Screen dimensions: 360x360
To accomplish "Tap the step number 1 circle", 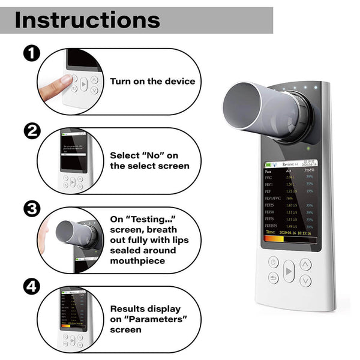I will point(32,53).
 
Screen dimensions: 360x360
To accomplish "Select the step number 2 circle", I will point(32,131).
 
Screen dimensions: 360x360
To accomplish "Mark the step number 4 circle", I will point(32,287).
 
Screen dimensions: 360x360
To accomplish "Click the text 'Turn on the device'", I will point(152,81).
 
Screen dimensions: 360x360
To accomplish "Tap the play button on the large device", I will point(289,271).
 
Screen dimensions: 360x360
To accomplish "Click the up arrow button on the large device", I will point(306,263).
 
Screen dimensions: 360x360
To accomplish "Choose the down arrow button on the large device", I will point(306,280).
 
